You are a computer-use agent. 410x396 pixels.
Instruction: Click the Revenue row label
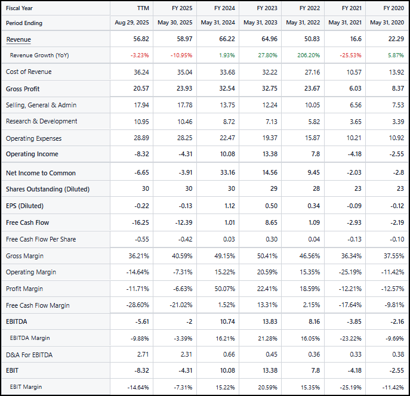[19, 39]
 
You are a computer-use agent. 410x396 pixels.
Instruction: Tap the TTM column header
[143, 8]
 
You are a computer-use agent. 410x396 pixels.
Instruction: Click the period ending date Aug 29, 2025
[132, 23]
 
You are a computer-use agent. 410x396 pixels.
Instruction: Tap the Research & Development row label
[41, 121]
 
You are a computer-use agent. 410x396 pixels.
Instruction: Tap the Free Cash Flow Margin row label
[38, 305]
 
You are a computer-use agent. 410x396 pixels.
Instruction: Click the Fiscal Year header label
[20, 8]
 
